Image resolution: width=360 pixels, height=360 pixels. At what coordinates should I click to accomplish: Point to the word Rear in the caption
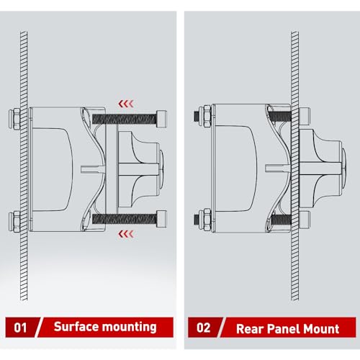tap(250, 329)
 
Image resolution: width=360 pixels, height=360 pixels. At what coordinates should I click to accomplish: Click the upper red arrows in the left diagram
tap(126, 104)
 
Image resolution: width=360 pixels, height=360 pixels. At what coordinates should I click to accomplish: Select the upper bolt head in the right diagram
tap(305, 114)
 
